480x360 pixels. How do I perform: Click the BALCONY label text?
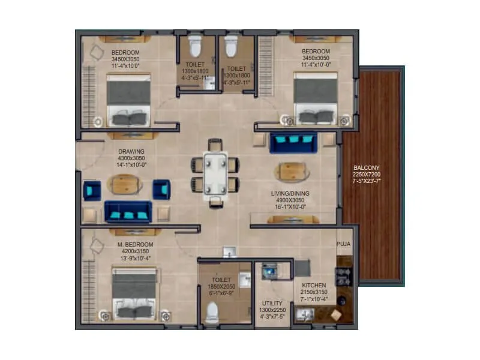click(367, 167)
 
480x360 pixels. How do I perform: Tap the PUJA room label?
click(344, 244)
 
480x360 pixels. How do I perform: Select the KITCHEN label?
click(314, 285)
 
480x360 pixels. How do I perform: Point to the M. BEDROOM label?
click(136, 244)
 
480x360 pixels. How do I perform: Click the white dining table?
click(215, 173)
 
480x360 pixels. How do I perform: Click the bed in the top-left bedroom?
click(128, 102)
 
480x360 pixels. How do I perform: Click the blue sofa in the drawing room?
click(128, 211)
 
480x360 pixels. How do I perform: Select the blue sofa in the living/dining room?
click(293, 143)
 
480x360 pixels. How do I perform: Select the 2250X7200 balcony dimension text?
click(367, 174)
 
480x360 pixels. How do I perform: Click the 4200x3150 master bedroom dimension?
click(136, 251)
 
